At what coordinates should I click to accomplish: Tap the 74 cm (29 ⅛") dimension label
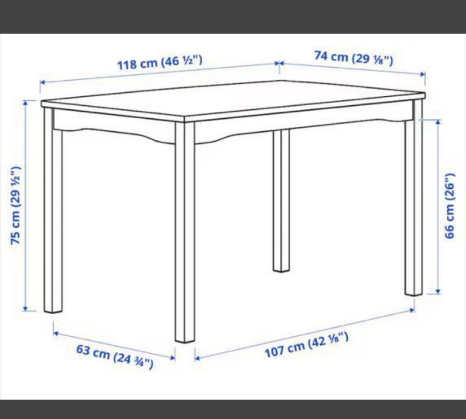(354, 58)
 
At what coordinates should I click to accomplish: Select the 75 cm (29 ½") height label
(16, 205)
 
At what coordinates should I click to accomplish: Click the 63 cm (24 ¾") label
(115, 357)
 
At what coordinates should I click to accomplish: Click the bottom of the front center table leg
(185, 341)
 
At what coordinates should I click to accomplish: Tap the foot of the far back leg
(282, 270)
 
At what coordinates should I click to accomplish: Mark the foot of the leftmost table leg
(53, 312)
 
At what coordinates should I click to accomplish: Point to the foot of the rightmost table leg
(414, 294)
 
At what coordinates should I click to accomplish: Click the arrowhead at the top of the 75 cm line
(26, 103)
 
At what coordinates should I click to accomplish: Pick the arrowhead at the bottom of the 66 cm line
(438, 291)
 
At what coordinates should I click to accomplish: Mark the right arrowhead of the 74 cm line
(423, 74)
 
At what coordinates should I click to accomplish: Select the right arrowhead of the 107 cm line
(412, 310)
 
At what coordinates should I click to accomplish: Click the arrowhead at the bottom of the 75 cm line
(26, 308)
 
